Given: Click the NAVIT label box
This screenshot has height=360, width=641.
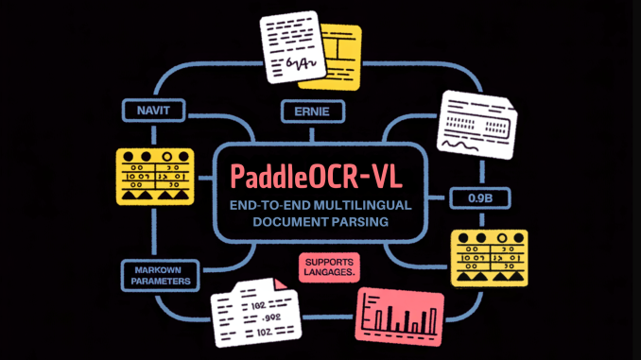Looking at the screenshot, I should click(x=148, y=111).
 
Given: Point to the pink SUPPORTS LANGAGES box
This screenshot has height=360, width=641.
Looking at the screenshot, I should click(x=327, y=266).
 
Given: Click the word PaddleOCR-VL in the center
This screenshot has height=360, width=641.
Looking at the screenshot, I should click(x=320, y=175).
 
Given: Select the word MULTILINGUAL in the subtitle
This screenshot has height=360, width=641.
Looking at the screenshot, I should click(x=365, y=205).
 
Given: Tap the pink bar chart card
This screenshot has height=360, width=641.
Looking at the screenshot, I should click(x=398, y=313).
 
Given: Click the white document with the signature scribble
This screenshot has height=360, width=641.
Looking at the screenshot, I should click(x=294, y=43).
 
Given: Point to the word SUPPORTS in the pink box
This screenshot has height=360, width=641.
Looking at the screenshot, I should click(x=327, y=260).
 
